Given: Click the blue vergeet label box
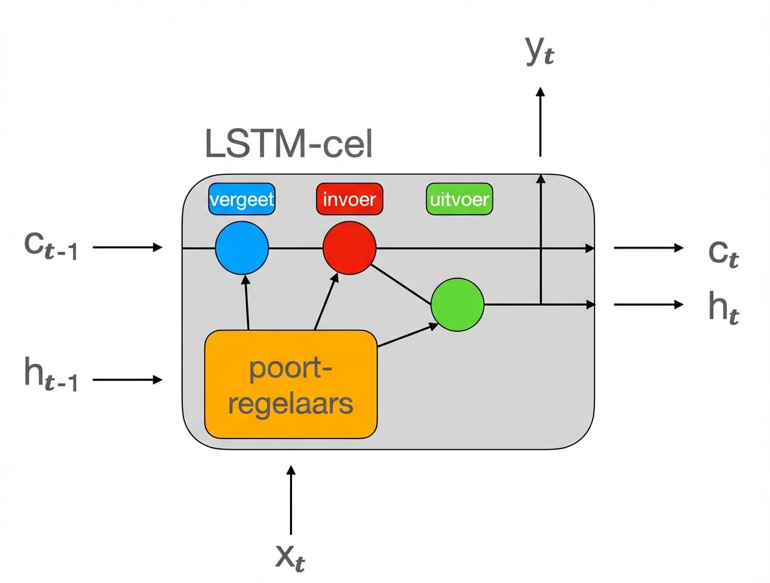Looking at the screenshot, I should click(241, 199).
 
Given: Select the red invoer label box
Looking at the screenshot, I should click(349, 199).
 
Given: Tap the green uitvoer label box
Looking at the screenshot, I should click(459, 199).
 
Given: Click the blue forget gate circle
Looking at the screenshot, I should click(241, 248).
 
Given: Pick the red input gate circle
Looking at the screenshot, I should click(349, 248).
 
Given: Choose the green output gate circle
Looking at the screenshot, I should click(458, 305).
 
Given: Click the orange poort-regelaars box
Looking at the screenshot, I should click(291, 385).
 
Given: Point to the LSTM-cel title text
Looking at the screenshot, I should click(289, 144).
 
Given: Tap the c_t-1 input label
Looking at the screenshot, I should click(51, 248).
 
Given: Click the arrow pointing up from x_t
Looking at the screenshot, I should click(291, 499).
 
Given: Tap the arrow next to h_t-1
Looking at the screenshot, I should click(127, 379).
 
